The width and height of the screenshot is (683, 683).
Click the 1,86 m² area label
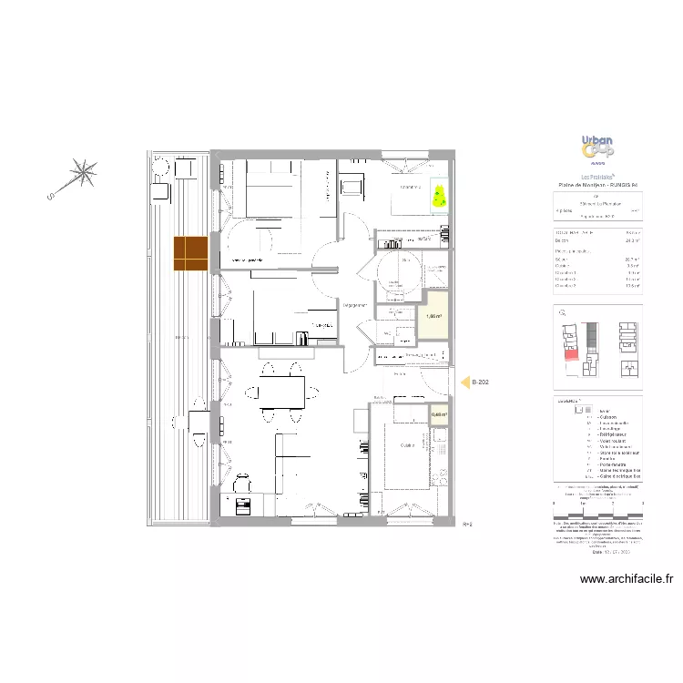(433, 317)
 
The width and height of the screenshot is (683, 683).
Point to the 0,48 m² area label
(439, 414)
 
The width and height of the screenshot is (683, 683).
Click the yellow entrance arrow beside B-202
(462, 383)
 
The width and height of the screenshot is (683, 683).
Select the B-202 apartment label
(481, 383)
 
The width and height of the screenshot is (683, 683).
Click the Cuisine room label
(407, 445)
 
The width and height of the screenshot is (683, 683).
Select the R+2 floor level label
(470, 525)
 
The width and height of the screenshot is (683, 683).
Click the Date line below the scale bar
(597, 552)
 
